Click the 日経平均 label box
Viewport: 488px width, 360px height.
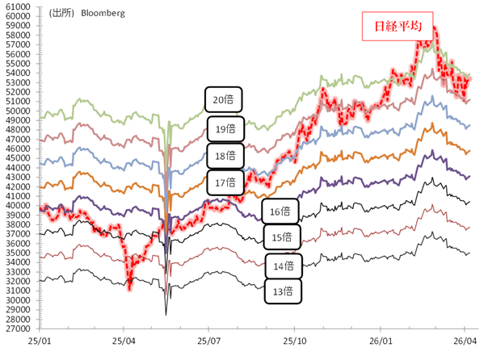click(x=398, y=27)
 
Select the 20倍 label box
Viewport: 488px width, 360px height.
click(x=222, y=101)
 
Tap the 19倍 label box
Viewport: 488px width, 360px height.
click(x=225, y=128)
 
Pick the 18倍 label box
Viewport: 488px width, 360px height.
click(x=225, y=155)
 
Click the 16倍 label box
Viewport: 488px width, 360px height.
click(x=280, y=211)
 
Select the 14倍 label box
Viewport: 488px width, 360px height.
click(x=283, y=265)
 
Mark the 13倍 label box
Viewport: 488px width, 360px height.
click(x=283, y=291)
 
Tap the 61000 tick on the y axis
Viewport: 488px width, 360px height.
click(x=17, y=6)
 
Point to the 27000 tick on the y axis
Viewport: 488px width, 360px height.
click(x=17, y=329)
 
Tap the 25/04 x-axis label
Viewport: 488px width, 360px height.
click(x=124, y=341)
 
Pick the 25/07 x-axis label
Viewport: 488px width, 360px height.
click(x=209, y=341)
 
